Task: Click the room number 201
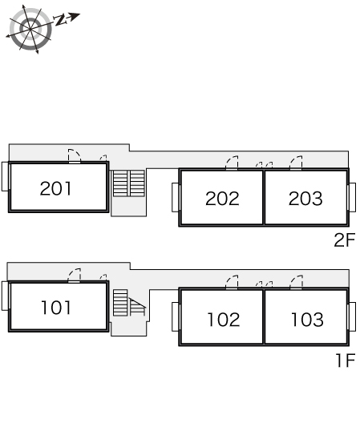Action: [56, 188]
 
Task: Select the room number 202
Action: [222, 199]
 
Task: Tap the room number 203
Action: [305, 199]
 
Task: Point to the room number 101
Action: [56, 308]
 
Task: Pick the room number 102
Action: [224, 320]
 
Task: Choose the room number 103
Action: [307, 320]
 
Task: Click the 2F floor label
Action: [344, 240]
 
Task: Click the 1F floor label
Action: [346, 361]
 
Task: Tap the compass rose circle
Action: [30, 29]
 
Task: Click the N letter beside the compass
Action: [60, 20]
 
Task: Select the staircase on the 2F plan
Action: [129, 183]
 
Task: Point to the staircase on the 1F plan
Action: [129, 302]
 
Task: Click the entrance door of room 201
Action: [75, 156]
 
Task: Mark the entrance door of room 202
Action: [232, 163]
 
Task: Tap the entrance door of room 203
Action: [296, 163]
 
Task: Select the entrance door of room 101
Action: [74, 276]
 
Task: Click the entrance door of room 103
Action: [297, 283]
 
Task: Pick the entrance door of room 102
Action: [232, 283]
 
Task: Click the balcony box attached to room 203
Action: [352, 197]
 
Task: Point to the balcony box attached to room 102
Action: [176, 317]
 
